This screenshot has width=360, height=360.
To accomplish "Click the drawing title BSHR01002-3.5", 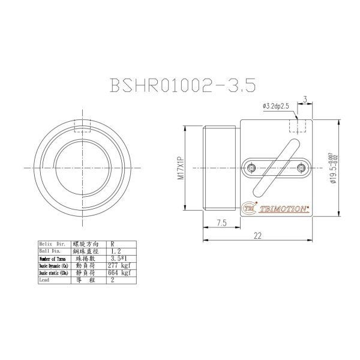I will [183, 85].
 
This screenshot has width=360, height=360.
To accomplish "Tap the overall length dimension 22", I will [258, 236].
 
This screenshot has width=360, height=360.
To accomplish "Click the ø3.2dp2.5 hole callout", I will [276, 106].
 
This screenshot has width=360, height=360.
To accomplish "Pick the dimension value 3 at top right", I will [305, 98].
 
